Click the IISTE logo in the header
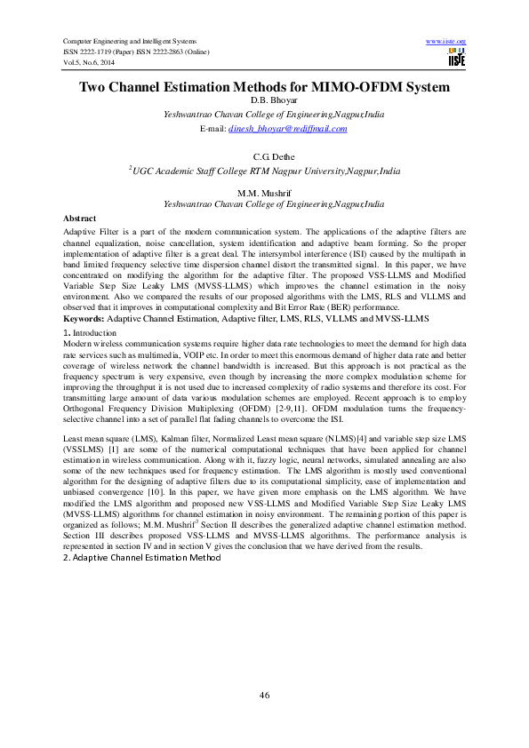coord(457,58)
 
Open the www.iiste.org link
coord(446,41)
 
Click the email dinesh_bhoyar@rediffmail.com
coord(286,128)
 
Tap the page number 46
coord(264,695)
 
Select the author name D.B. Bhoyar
coord(264,101)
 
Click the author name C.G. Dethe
coord(264,156)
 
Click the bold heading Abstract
coord(79,218)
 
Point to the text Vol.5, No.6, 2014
coord(89,62)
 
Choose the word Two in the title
coord(95,87)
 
